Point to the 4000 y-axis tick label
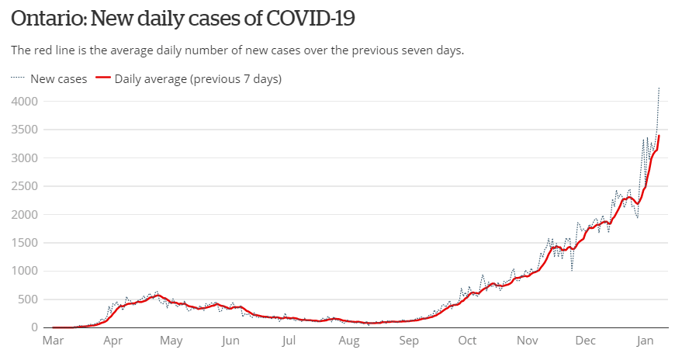25,102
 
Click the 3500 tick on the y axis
25,130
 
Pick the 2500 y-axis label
25,186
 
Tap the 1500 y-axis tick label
25,243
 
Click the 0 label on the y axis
36,327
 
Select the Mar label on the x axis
53,341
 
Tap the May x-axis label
171,341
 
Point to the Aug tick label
349,341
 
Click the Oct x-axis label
467,341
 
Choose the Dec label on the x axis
586,341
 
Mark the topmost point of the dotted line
659,88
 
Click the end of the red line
659,136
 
